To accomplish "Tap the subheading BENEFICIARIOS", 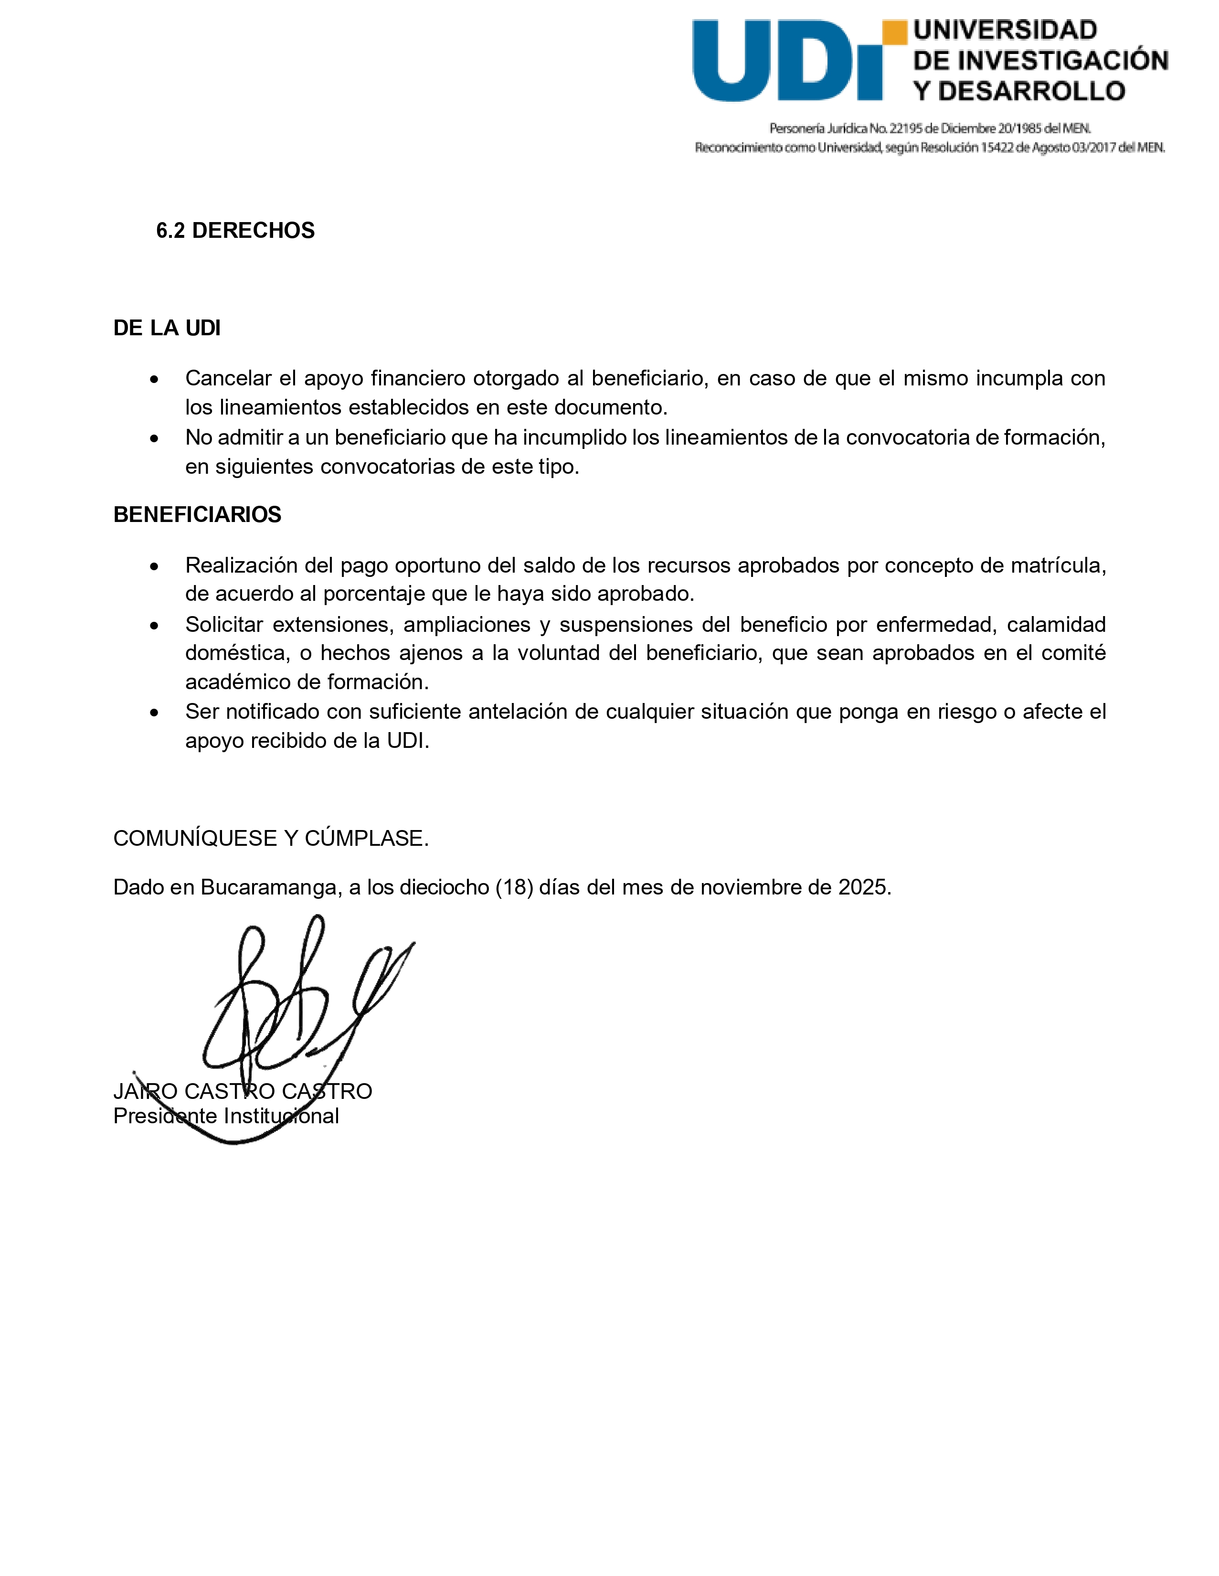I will [197, 514].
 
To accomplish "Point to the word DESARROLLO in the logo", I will [1031, 92].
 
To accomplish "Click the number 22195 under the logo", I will [904, 128].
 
